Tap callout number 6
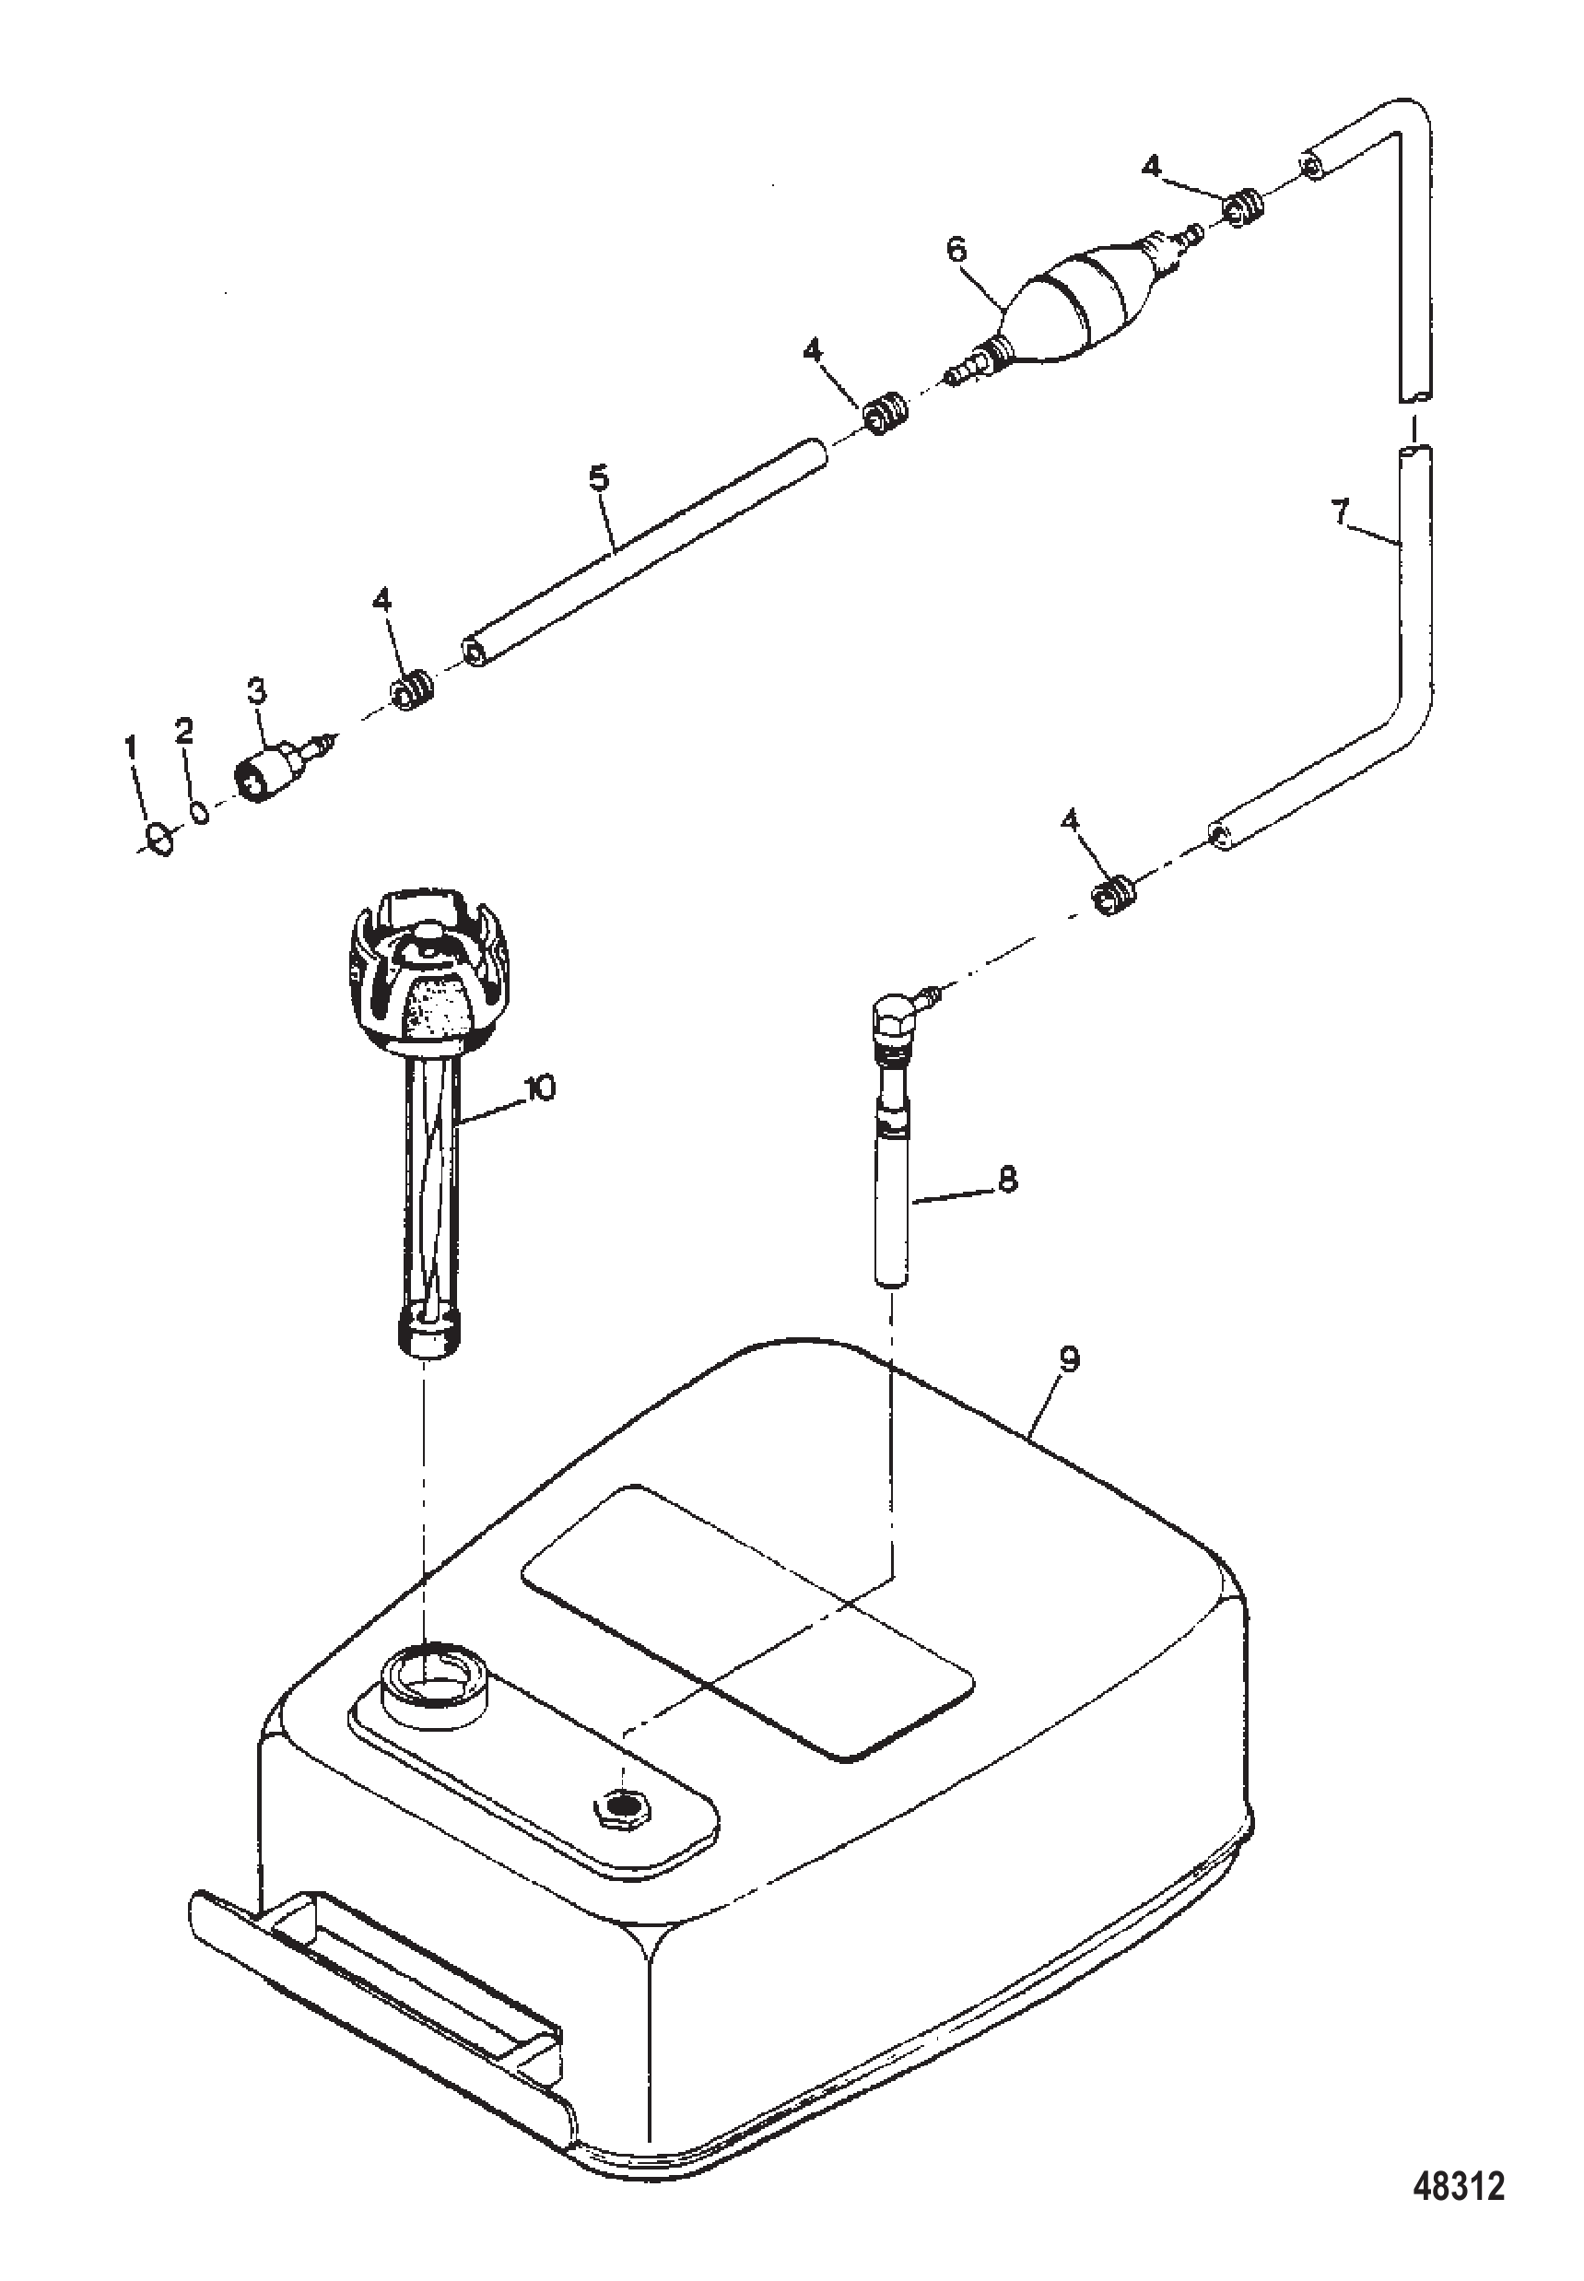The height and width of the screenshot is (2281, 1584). pos(955,249)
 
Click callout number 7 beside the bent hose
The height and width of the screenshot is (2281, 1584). pos(1341,512)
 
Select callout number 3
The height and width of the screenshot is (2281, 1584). pos(256,691)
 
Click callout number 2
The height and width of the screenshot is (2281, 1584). pos(183,731)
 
